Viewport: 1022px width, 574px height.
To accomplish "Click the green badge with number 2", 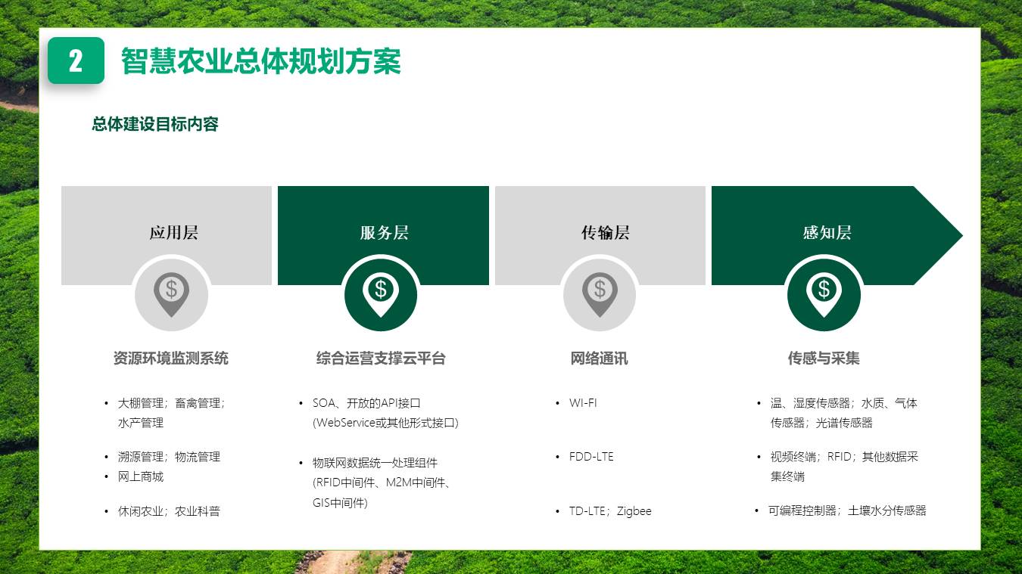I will (x=76, y=61).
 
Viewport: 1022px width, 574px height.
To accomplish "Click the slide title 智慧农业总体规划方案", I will (x=260, y=61).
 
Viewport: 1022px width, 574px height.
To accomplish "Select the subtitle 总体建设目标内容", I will (x=155, y=124).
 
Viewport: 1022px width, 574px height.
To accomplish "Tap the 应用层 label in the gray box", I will (x=173, y=232).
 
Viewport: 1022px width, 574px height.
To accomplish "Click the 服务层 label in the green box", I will (x=384, y=232).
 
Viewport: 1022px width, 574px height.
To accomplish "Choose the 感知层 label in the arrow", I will (x=827, y=232).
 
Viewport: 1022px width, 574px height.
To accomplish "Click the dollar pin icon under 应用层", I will (x=172, y=293).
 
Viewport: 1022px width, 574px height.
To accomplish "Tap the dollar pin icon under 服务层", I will (x=380, y=293).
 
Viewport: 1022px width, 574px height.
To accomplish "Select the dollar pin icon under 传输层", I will (x=600, y=293).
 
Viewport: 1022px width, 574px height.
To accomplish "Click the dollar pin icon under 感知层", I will (x=824, y=293).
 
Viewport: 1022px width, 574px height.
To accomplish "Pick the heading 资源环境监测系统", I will (x=170, y=358).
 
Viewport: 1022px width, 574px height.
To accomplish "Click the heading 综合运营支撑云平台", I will (x=381, y=358).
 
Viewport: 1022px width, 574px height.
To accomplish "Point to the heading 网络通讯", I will (x=599, y=358).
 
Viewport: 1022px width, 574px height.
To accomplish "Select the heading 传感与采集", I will (x=824, y=358).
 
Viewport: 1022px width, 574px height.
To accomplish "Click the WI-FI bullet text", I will (x=583, y=403).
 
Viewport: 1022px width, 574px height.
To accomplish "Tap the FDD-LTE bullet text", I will (x=591, y=457).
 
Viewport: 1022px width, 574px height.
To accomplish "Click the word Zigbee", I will (x=634, y=511).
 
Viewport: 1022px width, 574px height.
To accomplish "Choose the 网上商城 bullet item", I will (x=141, y=476).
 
